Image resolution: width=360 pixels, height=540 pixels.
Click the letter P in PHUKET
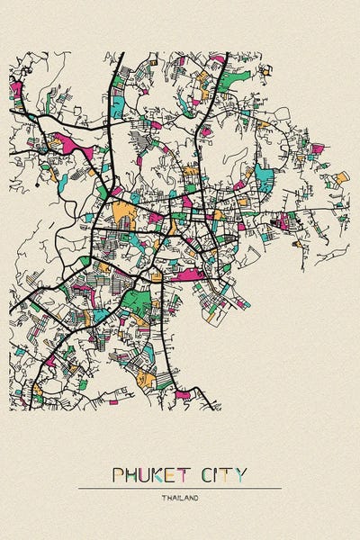click(x=118, y=473)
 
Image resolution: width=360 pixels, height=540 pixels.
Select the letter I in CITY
click(x=220, y=473)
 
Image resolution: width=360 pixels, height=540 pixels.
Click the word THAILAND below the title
click(x=180, y=498)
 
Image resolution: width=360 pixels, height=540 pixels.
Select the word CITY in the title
click(x=226, y=473)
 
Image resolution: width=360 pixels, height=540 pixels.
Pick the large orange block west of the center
click(x=124, y=214)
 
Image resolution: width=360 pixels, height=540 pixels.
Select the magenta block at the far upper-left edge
click(x=15, y=89)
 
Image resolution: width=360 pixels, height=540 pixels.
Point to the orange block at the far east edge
click(x=341, y=177)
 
